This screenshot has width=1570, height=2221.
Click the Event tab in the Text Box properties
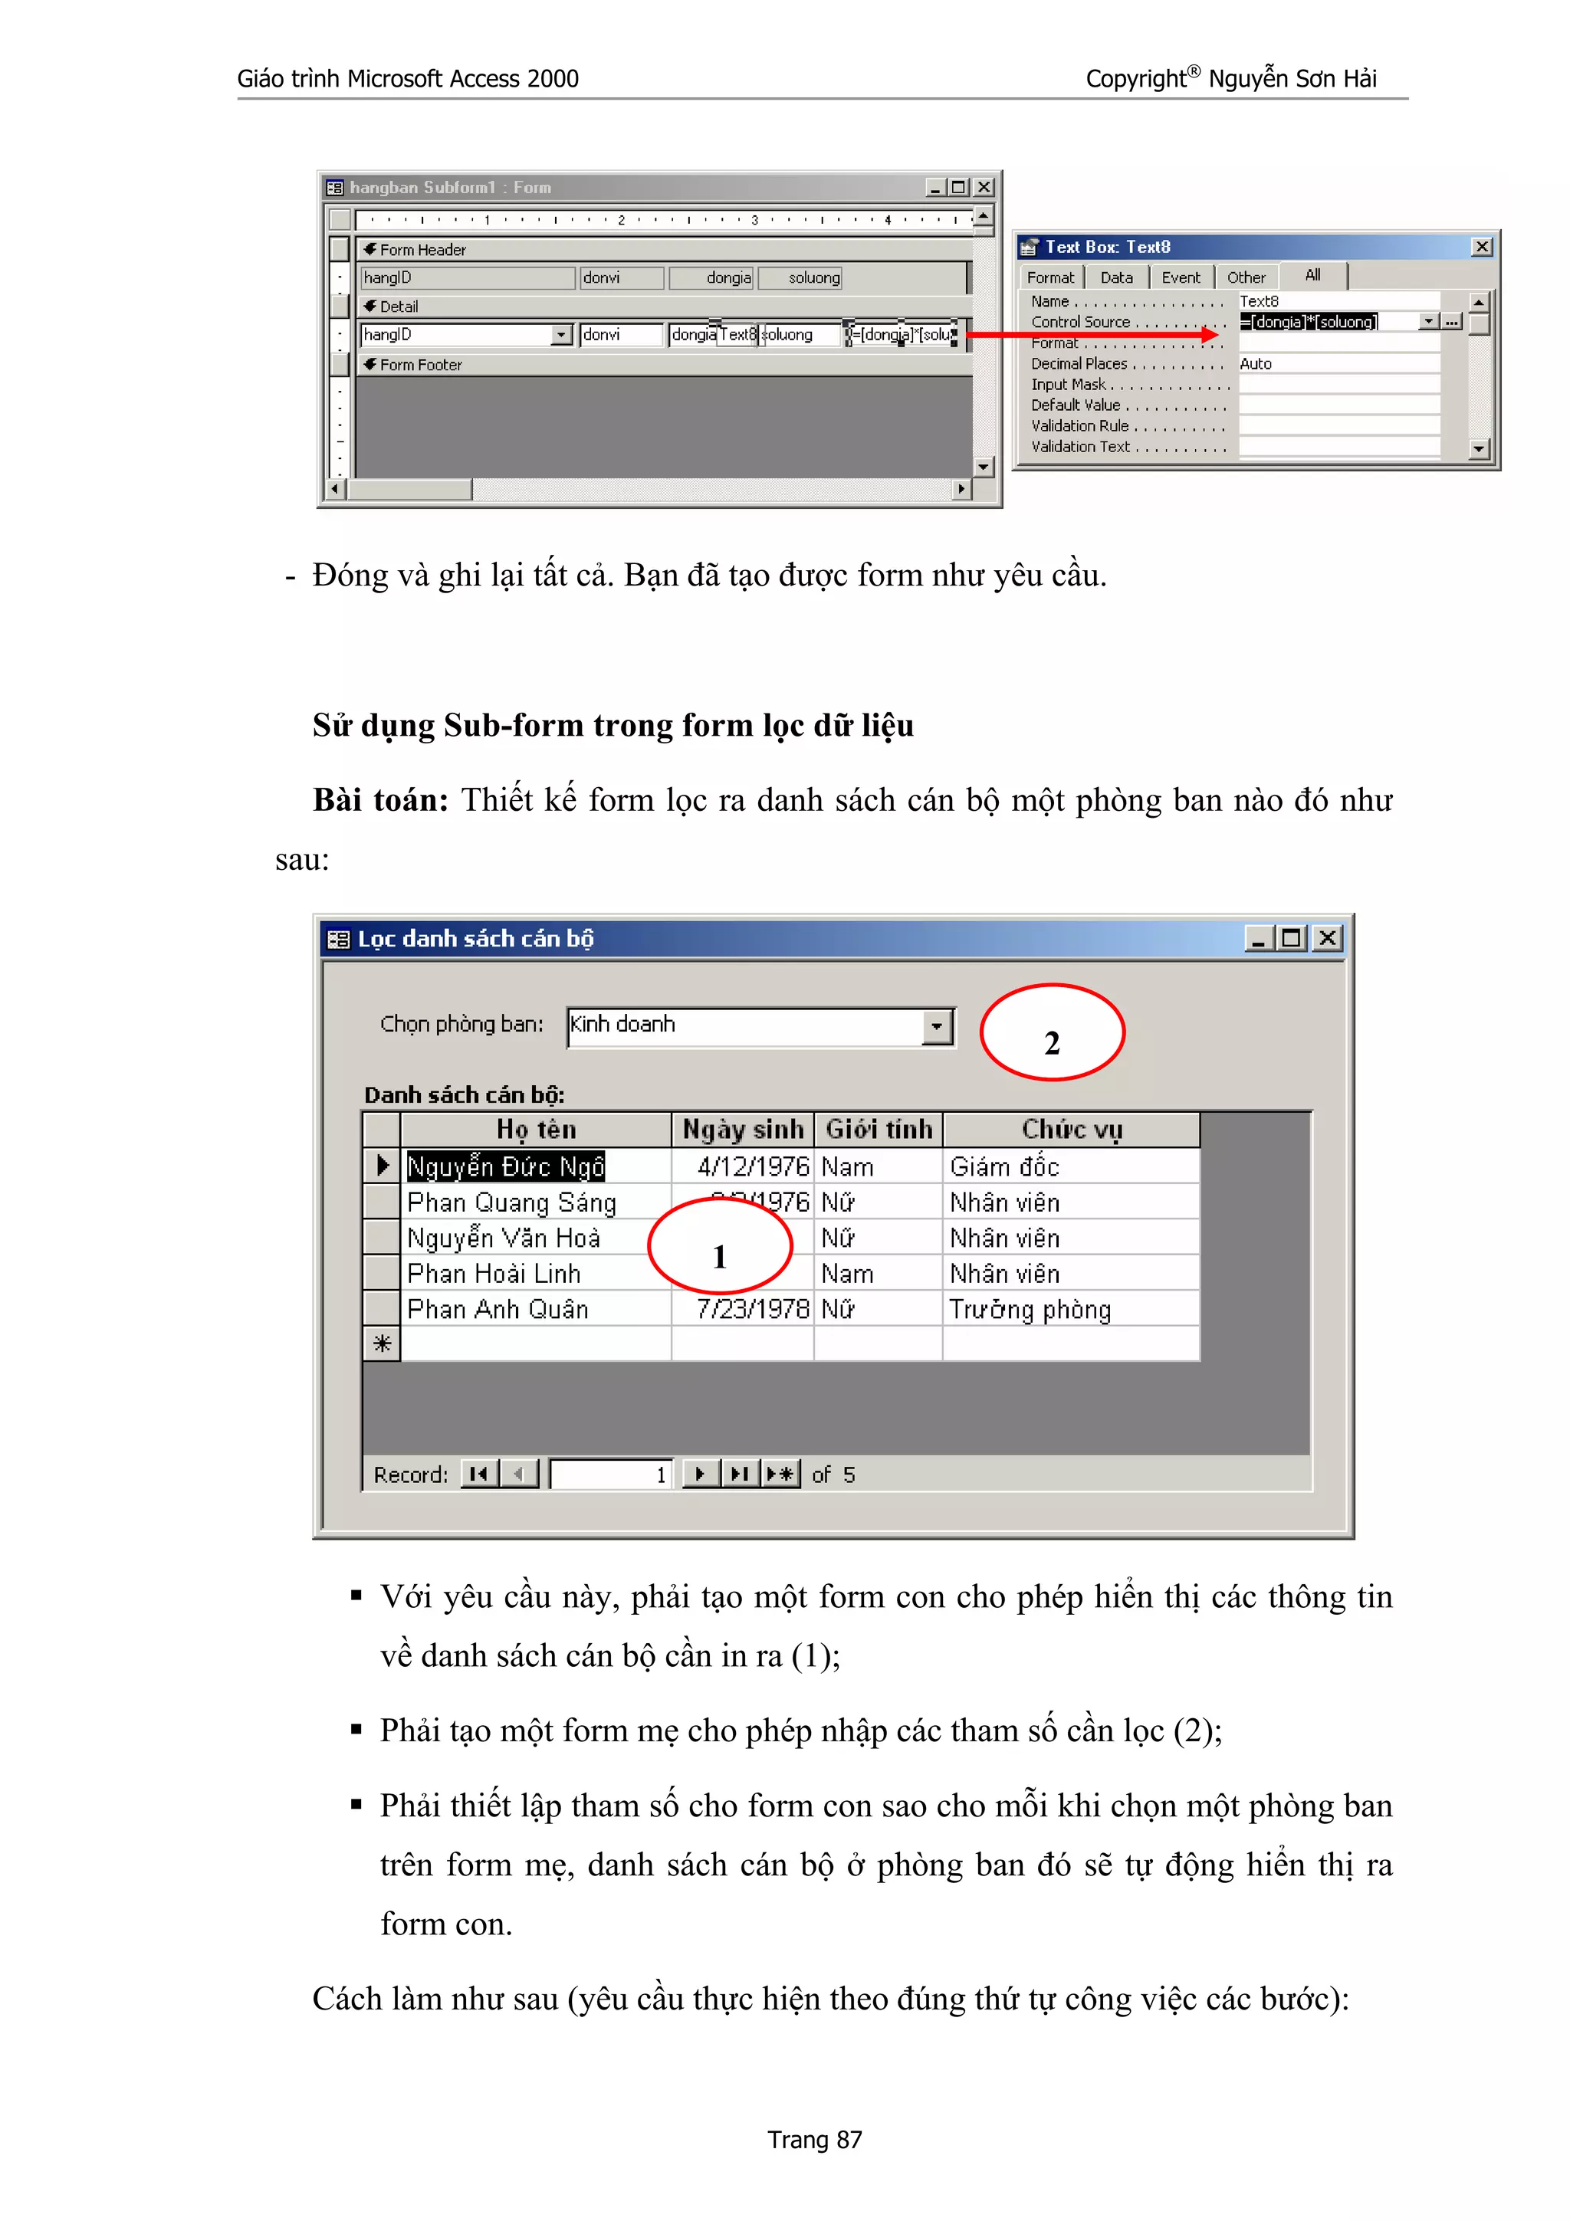click(x=1180, y=277)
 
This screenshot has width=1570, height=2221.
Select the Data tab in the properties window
click(x=1116, y=277)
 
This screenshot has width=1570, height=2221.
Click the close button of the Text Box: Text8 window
click(x=1481, y=248)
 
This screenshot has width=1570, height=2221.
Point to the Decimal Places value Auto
click(x=1256, y=364)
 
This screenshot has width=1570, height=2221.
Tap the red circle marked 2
click(x=1053, y=1032)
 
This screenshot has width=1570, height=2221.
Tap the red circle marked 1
click(x=720, y=1246)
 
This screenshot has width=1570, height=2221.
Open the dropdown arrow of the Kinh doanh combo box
click(x=936, y=1027)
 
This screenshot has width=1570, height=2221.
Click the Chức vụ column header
click(x=1071, y=1130)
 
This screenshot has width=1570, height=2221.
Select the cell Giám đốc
click(x=1004, y=1166)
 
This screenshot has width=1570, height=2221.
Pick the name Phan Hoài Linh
click(x=494, y=1274)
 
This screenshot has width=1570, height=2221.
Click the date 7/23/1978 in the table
click(x=753, y=1310)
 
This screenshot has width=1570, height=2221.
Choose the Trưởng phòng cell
click(x=1030, y=1310)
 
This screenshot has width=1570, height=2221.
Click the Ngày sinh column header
click(x=742, y=1130)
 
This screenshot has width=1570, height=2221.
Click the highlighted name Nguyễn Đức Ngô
click(x=505, y=1166)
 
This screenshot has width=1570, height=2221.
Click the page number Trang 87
click(x=813, y=2140)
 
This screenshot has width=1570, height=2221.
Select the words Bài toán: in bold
click(x=380, y=800)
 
